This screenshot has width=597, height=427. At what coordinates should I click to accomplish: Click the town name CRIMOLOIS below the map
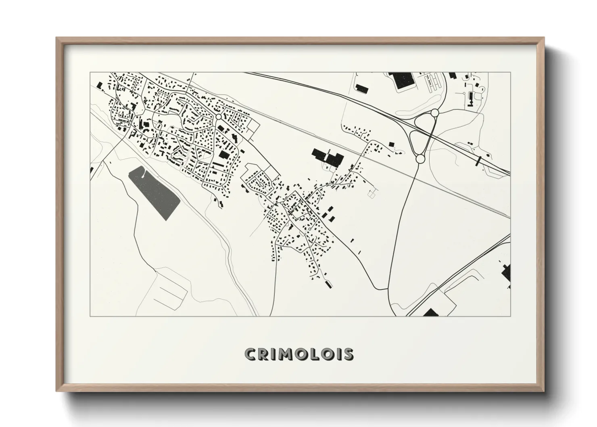299,354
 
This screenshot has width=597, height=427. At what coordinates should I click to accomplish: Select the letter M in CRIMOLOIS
286,354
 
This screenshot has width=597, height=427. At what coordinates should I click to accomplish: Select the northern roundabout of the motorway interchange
435,113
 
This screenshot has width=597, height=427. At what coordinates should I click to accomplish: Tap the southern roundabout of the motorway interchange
420,159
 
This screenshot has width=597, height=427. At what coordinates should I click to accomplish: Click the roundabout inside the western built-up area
218,117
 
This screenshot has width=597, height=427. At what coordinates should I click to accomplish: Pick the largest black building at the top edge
403,80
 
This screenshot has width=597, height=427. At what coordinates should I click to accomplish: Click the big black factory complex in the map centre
328,157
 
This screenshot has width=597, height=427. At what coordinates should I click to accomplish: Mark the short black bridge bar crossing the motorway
479,161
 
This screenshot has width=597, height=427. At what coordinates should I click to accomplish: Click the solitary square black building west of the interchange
390,144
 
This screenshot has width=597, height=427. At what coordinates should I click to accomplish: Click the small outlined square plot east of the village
371,194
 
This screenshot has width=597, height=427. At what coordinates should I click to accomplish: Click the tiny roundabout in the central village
309,228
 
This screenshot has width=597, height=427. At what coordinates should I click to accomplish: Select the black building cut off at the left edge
92,171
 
